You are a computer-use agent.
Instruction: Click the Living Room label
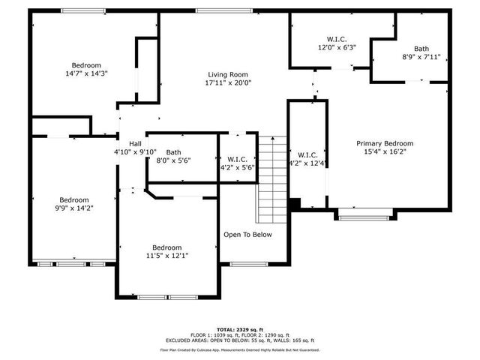tap(229, 74)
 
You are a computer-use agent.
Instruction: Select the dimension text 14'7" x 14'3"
tap(86, 74)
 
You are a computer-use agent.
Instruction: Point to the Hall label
tap(135, 144)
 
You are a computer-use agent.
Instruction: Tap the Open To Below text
tap(247, 235)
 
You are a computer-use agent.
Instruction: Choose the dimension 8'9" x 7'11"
tap(421, 56)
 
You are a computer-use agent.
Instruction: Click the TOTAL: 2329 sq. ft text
tap(239, 329)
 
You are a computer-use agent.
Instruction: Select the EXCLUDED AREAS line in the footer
tap(239, 341)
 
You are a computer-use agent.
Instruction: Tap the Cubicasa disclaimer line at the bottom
tap(239, 350)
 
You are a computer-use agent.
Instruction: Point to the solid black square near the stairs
tap(295, 204)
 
